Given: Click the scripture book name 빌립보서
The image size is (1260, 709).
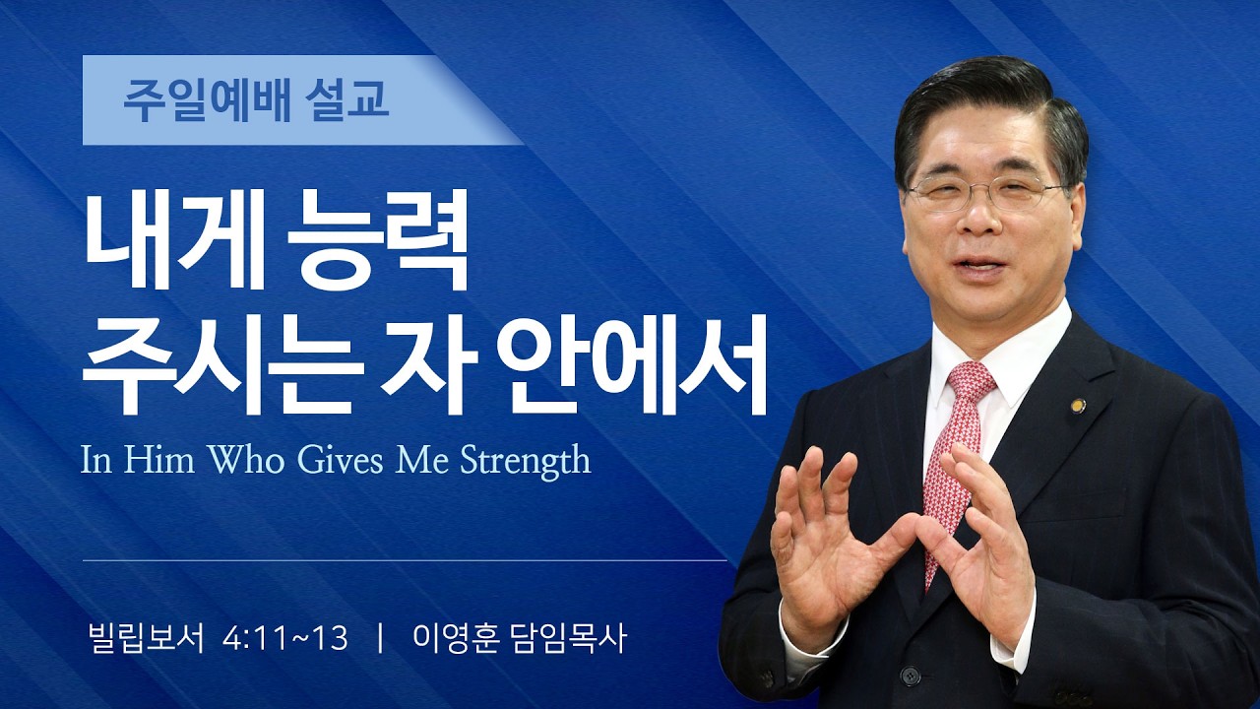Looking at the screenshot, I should [x=146, y=639].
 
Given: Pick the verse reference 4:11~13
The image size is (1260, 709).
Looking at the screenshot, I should [x=285, y=639].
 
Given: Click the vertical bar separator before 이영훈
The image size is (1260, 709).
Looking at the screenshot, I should [x=380, y=639].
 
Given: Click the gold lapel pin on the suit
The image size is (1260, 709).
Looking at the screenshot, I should [x=1077, y=405].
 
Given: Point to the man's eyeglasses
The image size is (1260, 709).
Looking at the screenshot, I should [x=984, y=193].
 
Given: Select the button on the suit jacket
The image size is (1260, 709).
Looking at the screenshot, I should [x=911, y=676].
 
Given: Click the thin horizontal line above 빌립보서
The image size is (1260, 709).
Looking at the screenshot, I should [x=404, y=560].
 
